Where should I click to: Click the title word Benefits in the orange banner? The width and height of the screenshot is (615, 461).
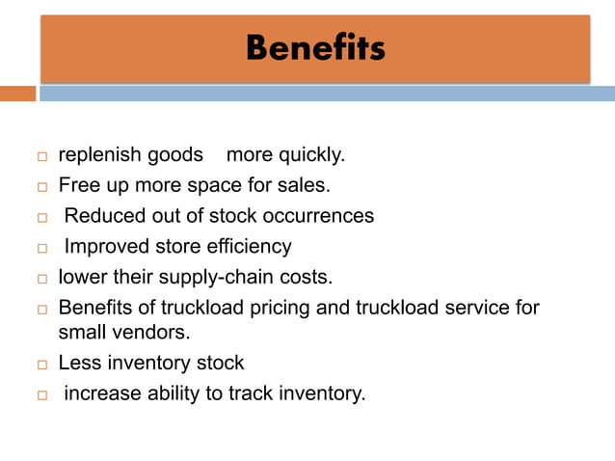(x=314, y=46)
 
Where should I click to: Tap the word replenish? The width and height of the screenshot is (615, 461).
(x=94, y=154)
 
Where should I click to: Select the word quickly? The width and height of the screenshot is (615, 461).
(x=314, y=154)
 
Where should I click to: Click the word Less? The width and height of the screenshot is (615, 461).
(x=78, y=363)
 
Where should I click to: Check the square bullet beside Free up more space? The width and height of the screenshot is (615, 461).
(x=42, y=186)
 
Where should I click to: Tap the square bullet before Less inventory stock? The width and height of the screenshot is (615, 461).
(x=42, y=365)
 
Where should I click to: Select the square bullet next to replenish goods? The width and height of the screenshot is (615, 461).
(x=42, y=156)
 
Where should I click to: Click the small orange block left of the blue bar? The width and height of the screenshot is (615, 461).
(x=17, y=94)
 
